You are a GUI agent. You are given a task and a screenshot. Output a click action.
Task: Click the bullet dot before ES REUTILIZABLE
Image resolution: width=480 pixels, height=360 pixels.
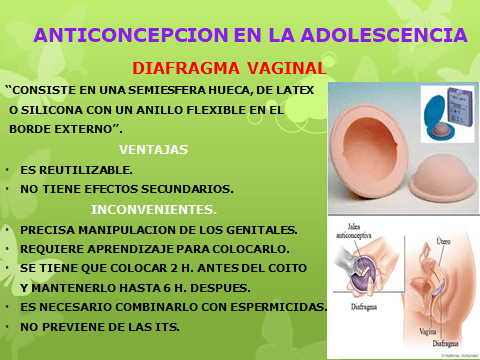click(x=8, y=171)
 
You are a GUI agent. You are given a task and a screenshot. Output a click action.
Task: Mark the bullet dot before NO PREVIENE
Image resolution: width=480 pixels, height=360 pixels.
click(x=8, y=328)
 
